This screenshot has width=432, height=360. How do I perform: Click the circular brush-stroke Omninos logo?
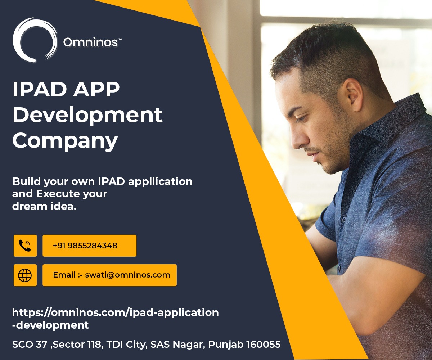35,40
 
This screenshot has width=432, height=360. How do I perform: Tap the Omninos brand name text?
90,42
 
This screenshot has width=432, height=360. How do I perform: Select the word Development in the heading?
87,115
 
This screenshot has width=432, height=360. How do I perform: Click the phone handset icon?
25,246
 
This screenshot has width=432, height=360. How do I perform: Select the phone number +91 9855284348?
85,246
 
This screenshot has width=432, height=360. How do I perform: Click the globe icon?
25,275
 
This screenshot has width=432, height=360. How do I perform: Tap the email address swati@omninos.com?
127,275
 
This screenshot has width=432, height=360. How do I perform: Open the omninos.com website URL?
115,312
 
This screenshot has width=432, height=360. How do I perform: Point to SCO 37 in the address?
30,345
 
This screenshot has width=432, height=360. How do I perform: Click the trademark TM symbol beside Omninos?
120,40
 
